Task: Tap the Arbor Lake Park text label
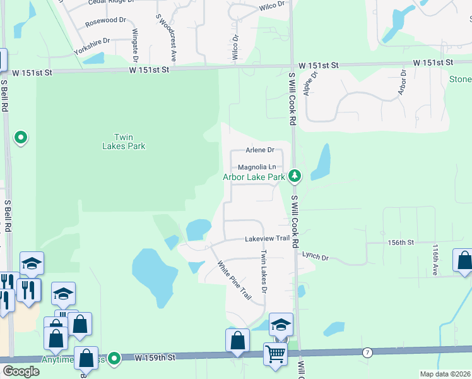click(x=254, y=177)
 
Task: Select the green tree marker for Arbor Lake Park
click(x=293, y=176)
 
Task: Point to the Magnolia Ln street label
click(x=257, y=167)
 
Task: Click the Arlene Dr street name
click(x=260, y=150)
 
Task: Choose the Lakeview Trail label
click(x=267, y=239)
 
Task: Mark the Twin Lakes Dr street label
click(x=264, y=272)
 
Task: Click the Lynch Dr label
click(x=316, y=256)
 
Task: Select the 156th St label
click(x=401, y=243)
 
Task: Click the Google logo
click(x=21, y=371)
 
